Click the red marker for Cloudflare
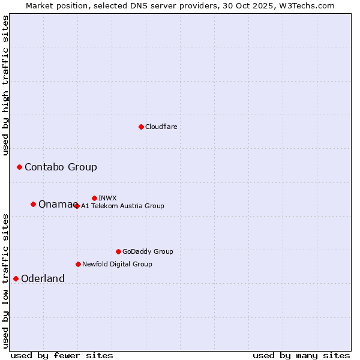pyautogui.click(x=141, y=127)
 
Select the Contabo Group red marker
pyautogui.click(x=19, y=167)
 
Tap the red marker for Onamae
pyautogui.click(x=33, y=204)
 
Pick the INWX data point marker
pyautogui.click(x=94, y=198)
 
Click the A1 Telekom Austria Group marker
pyautogui.click(x=77, y=206)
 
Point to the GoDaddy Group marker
pyautogui.click(x=118, y=251)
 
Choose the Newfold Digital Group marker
pyautogui.click(x=78, y=264)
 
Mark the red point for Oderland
pyautogui.click(x=16, y=278)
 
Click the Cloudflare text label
pyautogui.click(x=161, y=127)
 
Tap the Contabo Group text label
pyautogui.click(x=61, y=167)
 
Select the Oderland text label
pyautogui.click(x=43, y=278)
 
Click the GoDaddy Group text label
pyautogui.click(x=148, y=251)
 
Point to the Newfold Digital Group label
pyautogui.click(x=117, y=264)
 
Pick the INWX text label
pyautogui.click(x=107, y=198)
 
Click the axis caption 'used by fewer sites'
pyautogui.click(x=62, y=355)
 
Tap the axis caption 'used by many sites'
pyautogui.click(x=301, y=355)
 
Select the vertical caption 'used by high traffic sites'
pyautogui.click(x=6, y=85)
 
